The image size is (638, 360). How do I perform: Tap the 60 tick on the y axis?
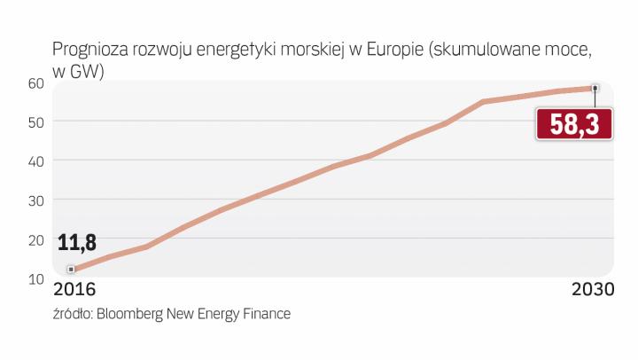point(35,82)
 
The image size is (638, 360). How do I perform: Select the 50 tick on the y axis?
point(35,121)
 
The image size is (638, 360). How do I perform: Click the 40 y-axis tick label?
point(35,160)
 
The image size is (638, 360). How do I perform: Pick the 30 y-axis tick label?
point(35,200)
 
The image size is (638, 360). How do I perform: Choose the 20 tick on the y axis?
point(35,239)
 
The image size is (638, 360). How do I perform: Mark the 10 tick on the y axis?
point(35,279)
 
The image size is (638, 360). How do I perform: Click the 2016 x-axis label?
point(74,291)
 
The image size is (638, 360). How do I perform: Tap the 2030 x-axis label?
point(591,291)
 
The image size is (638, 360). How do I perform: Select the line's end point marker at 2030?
point(595,88)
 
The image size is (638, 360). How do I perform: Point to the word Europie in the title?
point(393,50)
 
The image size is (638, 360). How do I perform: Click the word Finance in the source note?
point(266,313)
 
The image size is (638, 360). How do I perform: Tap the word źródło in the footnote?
point(71,313)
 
